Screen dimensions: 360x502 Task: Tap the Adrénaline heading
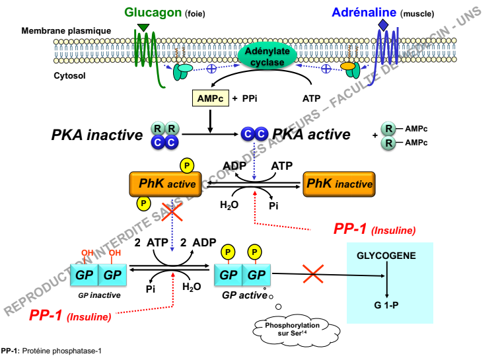364,11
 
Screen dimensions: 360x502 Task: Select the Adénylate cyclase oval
264,57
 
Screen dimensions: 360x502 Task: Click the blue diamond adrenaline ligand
383,24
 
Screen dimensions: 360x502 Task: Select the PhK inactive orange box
339,184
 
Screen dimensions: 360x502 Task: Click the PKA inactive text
96,135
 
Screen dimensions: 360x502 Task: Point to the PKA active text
311,135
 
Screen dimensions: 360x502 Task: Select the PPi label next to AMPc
249,98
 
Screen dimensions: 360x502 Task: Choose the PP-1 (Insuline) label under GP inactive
70,315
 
